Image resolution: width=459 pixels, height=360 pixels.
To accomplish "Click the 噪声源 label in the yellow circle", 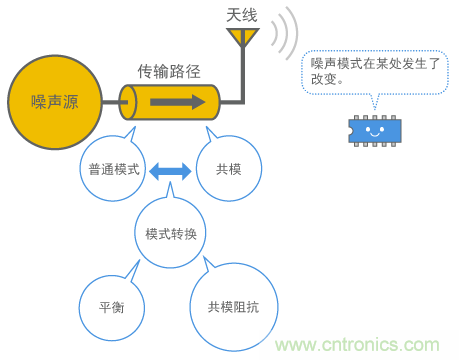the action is point(55,102).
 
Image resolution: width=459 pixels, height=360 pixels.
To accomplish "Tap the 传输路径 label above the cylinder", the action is point(169,71).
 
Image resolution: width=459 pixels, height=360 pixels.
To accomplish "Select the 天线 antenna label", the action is point(242,15).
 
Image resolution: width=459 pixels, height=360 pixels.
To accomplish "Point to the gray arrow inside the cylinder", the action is point(178,102).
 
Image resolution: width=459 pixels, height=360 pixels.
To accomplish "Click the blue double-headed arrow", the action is point(170,171).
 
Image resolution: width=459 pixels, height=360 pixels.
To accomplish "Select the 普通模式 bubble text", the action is point(114,169).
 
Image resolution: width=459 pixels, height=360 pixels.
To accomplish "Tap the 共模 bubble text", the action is point(229,169).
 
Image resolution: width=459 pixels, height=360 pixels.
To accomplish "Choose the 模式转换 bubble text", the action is point(171,234).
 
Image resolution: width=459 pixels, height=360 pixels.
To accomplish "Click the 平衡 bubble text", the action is point(112,307).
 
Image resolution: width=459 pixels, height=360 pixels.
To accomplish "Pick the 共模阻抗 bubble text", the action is point(233,307).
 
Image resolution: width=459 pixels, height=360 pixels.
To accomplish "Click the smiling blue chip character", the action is point(375,131).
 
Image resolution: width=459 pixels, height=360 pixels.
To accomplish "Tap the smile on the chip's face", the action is point(375,134).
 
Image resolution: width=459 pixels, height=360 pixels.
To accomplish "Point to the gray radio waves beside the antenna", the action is point(284,33).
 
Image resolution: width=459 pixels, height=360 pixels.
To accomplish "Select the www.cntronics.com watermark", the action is point(357,345).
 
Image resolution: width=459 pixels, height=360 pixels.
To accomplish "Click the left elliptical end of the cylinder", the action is point(128,102).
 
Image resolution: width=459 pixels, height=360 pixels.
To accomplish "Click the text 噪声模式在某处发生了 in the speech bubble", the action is point(375,63).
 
